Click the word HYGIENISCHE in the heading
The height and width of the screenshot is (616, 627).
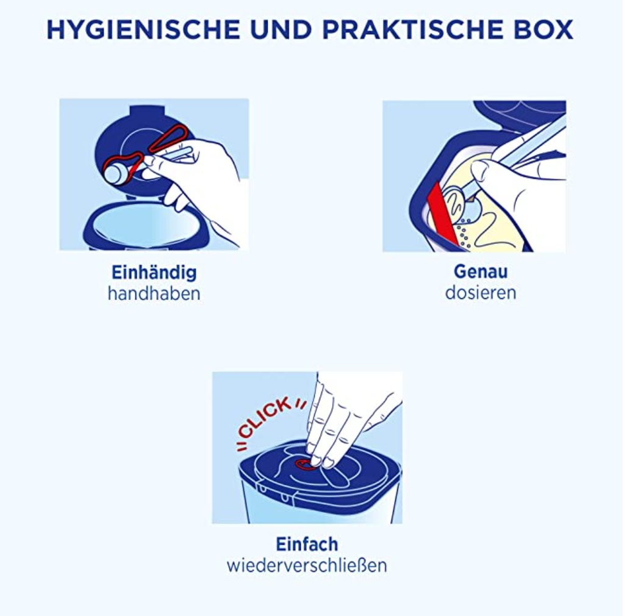143,30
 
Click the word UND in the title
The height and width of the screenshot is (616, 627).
281,30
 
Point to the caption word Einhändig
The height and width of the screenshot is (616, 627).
154,273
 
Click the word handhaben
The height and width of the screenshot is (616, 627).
154,294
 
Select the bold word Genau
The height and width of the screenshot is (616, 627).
481,272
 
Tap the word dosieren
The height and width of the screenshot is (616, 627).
481,293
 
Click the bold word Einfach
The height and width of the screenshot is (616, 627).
307,545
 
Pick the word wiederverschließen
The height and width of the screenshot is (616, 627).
307,565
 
